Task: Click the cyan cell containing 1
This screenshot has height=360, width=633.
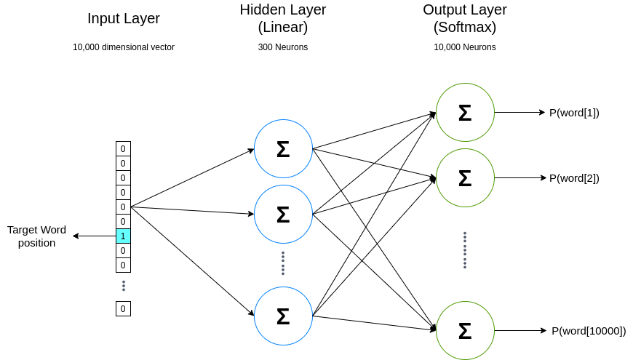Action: coord(123,236)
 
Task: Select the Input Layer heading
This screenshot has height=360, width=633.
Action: coord(123,19)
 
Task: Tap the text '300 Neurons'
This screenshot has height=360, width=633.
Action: coord(283,47)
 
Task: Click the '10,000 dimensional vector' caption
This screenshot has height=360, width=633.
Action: coord(123,47)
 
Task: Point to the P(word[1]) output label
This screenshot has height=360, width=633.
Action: coord(574,113)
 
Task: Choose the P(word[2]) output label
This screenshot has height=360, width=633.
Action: coord(574,178)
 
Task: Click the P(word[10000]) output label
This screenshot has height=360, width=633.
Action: coord(588,331)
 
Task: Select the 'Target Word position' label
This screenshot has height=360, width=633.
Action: coord(36,236)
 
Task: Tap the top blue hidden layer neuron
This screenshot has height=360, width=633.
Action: coord(283,148)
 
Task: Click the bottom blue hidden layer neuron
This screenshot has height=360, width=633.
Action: coord(283,316)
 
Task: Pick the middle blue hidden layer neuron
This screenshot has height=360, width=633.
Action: coord(283,214)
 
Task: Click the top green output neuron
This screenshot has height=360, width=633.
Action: coord(465,112)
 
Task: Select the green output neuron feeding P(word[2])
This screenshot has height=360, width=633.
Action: coord(465,177)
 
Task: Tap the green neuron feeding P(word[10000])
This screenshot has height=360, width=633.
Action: coord(465,330)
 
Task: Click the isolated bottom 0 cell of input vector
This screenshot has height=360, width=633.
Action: coord(123,309)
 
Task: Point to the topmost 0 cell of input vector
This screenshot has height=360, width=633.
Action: coord(123,148)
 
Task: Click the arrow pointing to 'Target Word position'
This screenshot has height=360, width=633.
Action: coord(95,236)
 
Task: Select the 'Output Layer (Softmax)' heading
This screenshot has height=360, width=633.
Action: coord(465,19)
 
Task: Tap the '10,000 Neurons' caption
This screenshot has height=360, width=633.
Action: coord(465,47)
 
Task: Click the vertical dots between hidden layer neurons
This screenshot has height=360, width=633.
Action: coord(283,263)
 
